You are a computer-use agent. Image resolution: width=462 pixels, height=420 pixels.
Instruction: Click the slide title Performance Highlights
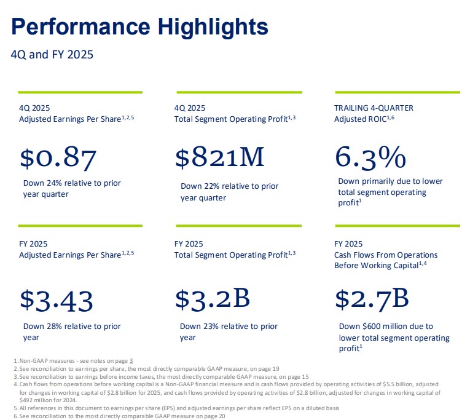point(140,28)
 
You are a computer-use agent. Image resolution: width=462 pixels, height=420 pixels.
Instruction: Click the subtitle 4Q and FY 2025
point(52,55)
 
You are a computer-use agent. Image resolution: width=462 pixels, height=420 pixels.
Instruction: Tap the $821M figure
point(220,157)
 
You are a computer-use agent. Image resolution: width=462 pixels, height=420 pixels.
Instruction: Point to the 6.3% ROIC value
point(370,157)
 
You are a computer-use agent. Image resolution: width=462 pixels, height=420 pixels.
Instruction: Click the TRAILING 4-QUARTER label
point(374,108)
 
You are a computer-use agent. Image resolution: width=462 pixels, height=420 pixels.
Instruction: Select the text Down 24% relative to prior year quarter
point(72,188)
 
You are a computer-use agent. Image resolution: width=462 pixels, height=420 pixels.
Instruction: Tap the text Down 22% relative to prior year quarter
point(229,192)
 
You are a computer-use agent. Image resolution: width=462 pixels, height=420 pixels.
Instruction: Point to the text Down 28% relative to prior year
point(72,331)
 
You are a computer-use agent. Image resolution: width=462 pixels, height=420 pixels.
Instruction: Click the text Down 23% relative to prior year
point(229,331)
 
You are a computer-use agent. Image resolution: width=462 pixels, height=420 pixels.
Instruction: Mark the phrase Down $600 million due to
point(386,327)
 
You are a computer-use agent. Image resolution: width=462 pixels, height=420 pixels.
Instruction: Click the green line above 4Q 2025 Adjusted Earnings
point(80,93)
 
